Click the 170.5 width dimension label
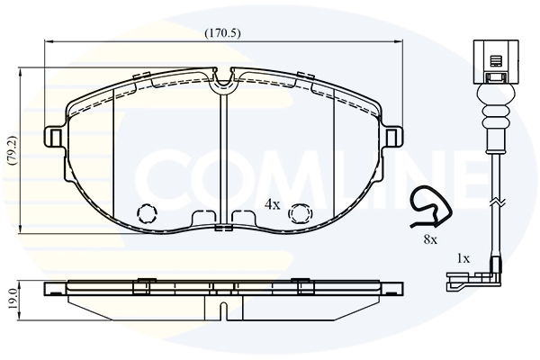coord(222,33)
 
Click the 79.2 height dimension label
coord(13,150)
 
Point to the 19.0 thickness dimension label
coord(13,301)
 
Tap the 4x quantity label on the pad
coord(273,204)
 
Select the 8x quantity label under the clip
coord(430,239)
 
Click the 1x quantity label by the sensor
coord(463,258)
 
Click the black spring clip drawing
coord(430,207)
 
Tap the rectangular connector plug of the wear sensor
coord(496,62)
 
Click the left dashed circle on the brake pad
coord(147,213)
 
